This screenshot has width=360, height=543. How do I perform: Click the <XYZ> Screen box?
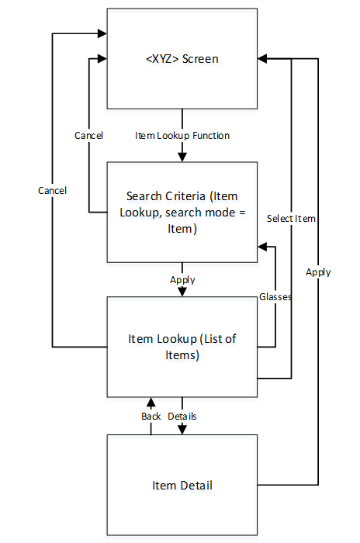click(x=182, y=59)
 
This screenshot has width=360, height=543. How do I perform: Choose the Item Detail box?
click(x=182, y=486)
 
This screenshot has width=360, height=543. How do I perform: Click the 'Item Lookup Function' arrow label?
click(x=182, y=136)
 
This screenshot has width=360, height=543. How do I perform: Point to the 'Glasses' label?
click(x=275, y=296)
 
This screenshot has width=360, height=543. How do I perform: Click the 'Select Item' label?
click(x=291, y=219)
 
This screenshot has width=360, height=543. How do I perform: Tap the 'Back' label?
click(x=151, y=417)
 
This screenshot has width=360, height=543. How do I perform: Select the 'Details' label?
click(x=182, y=417)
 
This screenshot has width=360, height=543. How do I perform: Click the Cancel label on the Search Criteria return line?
click(x=89, y=136)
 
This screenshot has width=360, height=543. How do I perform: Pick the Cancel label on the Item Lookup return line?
click(x=52, y=190)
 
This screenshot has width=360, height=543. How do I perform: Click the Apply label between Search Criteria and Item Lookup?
click(x=182, y=280)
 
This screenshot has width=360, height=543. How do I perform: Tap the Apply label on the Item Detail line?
click(x=318, y=272)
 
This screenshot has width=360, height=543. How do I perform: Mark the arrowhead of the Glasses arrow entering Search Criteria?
click(x=261, y=247)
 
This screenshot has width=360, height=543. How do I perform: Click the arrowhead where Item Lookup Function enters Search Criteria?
click(x=182, y=157)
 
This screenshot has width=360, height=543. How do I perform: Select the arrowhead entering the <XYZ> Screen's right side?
click(x=262, y=59)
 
